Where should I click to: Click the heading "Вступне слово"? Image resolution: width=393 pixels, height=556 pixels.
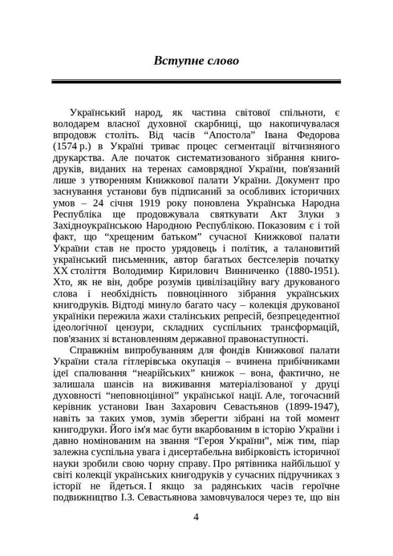pyautogui.click(x=196, y=60)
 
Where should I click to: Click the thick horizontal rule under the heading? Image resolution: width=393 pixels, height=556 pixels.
pyautogui.click(x=196, y=82)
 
